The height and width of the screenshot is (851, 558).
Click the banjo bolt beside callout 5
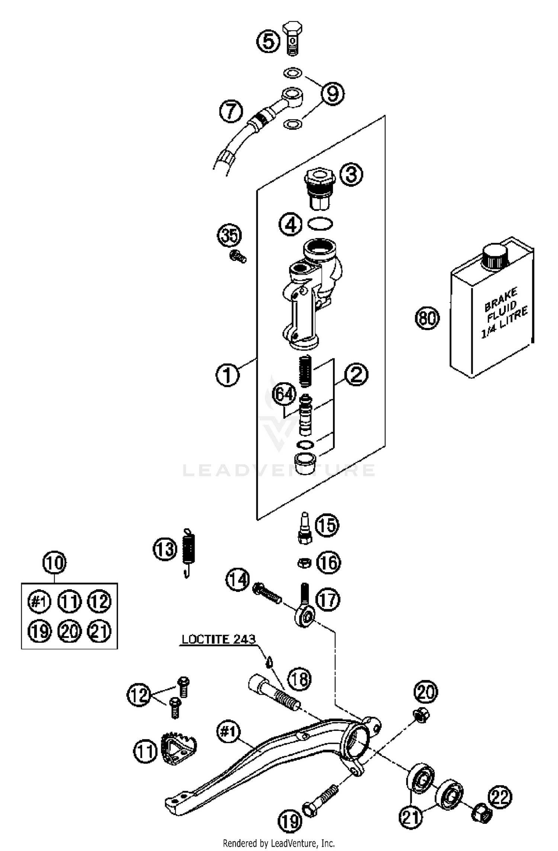(x=293, y=38)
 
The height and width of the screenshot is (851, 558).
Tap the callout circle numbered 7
(x=231, y=112)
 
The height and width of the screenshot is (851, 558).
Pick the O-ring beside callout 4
(x=320, y=224)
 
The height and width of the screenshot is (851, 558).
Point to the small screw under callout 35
(x=238, y=257)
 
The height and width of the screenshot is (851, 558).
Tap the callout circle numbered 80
(x=427, y=318)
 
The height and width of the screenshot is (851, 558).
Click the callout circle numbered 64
(x=284, y=394)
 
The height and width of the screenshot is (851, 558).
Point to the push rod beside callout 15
(x=305, y=528)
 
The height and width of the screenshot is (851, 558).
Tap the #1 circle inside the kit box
(x=39, y=601)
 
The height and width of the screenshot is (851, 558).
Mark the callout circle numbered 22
(x=500, y=796)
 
